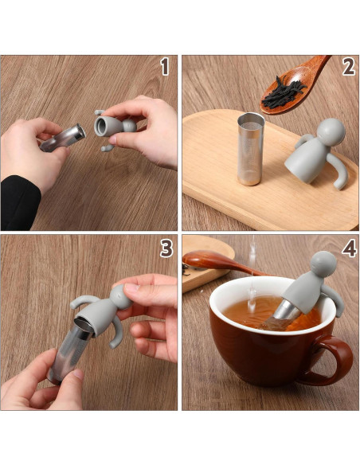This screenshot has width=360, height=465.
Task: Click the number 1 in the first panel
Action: tap(165, 68)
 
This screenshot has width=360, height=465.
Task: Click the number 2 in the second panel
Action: tap(348, 68)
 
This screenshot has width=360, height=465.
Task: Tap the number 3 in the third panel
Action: tap(166, 248)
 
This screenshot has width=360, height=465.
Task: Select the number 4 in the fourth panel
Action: tap(348, 248)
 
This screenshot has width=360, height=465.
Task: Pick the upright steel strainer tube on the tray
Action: tap(250, 148)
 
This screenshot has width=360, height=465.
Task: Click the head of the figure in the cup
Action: tap(323, 265)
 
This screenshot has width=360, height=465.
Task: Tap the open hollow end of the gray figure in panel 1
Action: tap(104, 125)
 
